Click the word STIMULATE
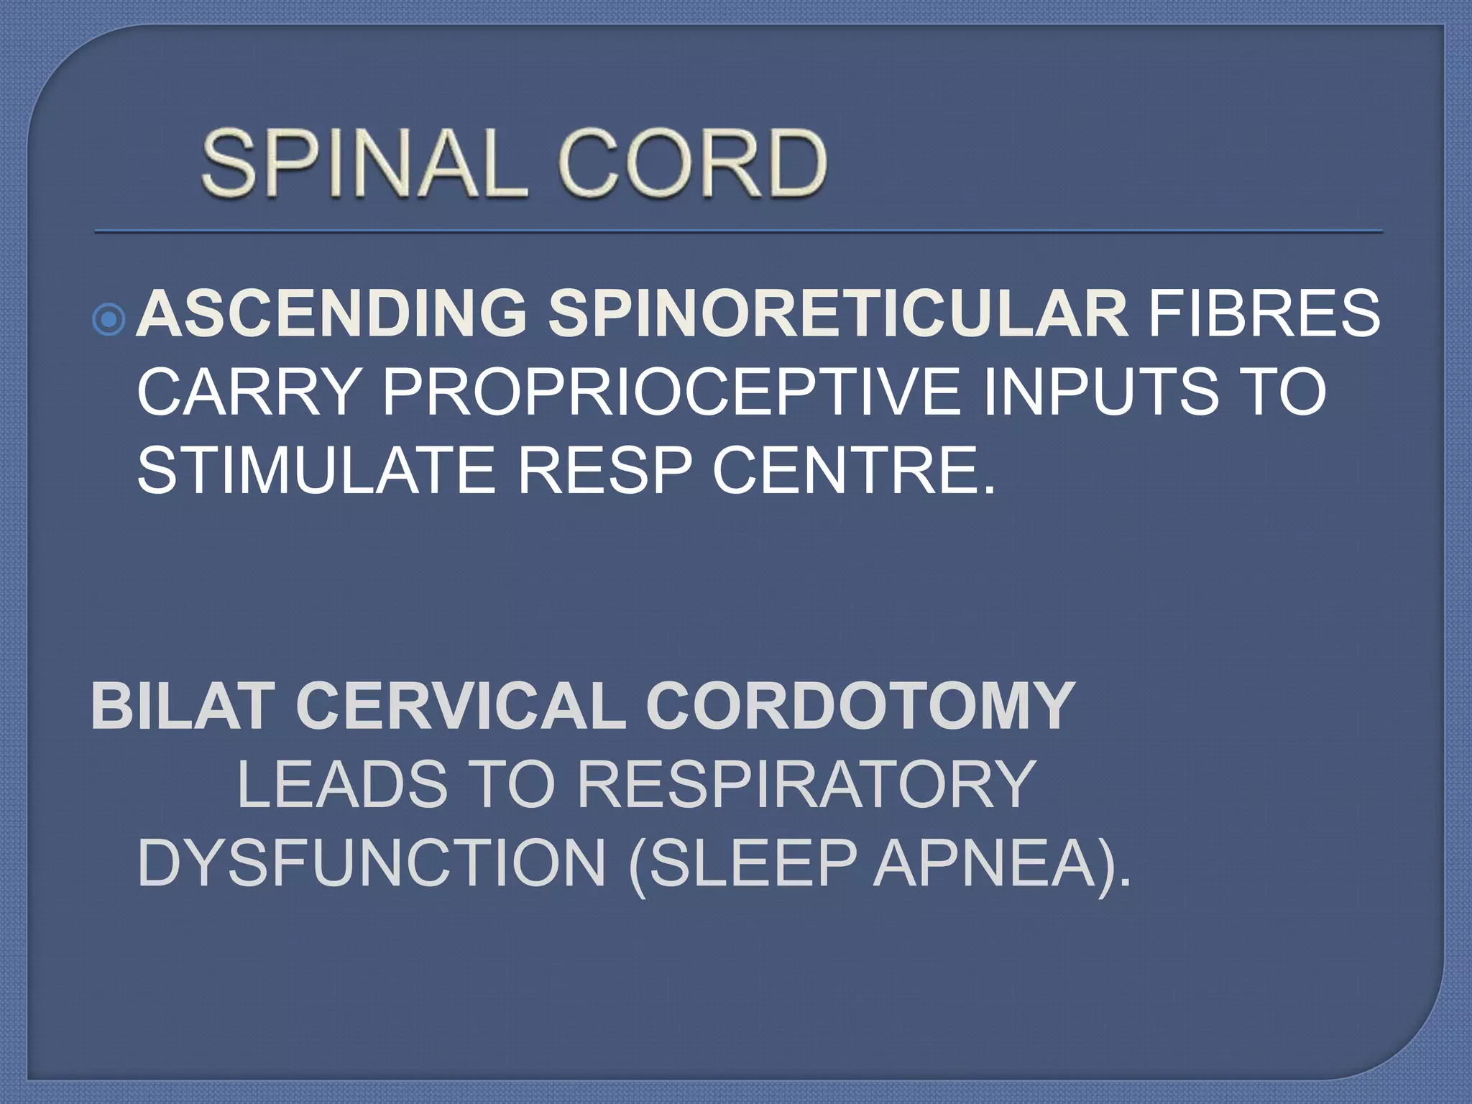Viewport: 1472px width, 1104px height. pyautogui.click(x=316, y=470)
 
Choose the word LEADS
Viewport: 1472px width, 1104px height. pyautogui.click(x=342, y=784)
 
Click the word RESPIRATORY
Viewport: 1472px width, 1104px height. pyautogui.click(x=806, y=784)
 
